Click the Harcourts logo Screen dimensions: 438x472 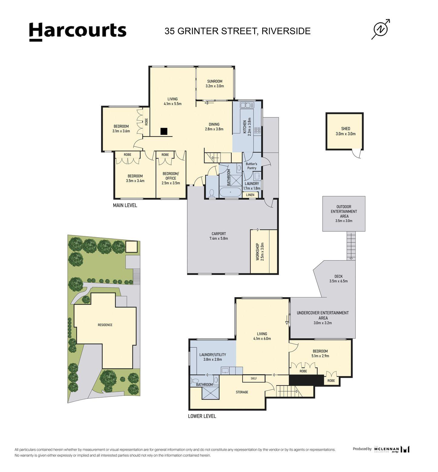point(78,31)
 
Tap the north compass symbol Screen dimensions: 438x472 point(381,29)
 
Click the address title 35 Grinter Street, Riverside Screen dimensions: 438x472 point(237,31)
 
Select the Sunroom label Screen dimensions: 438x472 point(215,84)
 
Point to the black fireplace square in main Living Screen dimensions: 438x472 point(164,131)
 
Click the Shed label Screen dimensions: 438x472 point(345,131)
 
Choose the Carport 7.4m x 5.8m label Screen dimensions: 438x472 point(219,236)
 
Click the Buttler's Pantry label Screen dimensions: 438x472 point(252,166)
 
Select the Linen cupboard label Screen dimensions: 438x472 point(250,195)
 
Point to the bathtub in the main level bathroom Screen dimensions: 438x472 point(230,192)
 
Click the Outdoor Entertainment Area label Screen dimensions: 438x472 point(344,214)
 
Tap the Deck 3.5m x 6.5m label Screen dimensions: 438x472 point(338,279)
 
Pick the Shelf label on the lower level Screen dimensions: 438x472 point(254,379)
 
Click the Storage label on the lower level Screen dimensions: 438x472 point(242,392)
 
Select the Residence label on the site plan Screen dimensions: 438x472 point(105,325)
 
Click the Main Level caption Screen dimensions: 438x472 point(125,205)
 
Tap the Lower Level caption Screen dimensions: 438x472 point(202,416)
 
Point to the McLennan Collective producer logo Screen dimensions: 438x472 point(381,449)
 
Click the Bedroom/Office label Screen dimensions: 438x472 point(171,178)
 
